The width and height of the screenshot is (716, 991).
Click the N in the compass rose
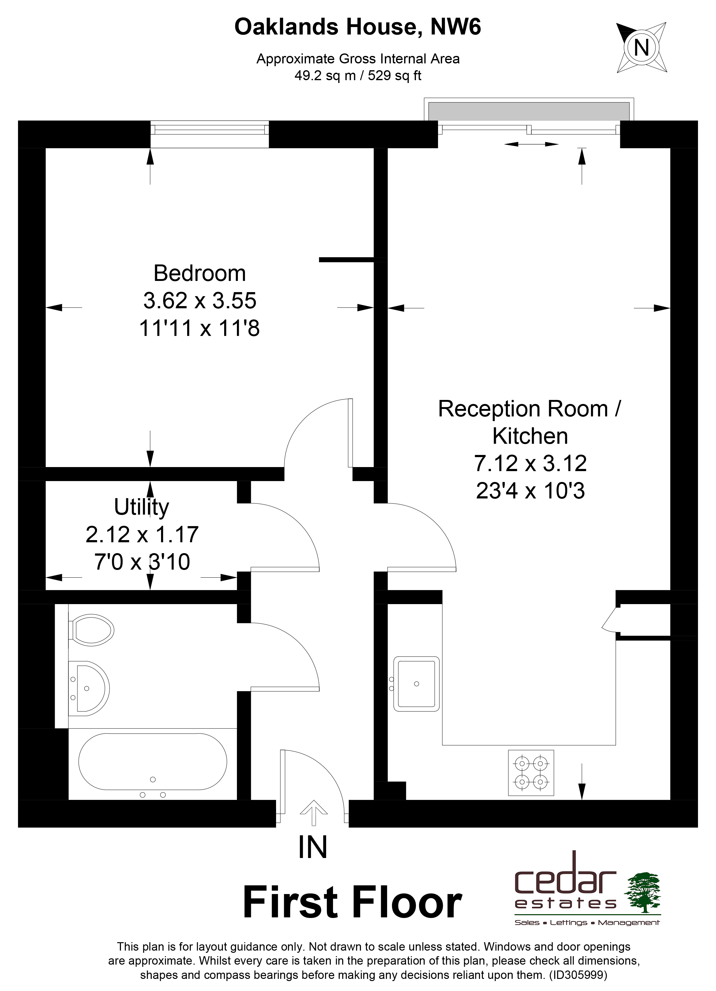tap(641, 47)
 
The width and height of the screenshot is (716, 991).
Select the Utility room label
tap(142, 507)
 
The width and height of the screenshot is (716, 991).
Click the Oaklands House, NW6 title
tap(358, 27)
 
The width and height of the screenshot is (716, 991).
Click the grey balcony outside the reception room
tap(529, 112)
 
